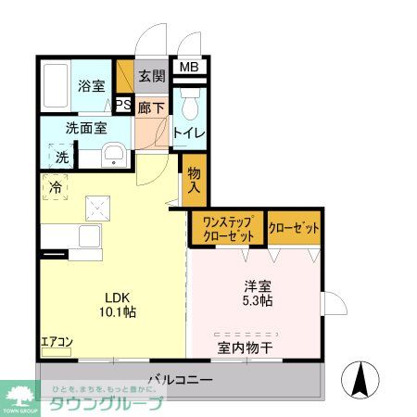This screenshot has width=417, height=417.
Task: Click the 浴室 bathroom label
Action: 90,86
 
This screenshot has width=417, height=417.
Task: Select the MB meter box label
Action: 188,67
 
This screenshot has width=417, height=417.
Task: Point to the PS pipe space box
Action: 123,106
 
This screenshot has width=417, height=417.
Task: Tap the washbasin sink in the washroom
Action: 113,155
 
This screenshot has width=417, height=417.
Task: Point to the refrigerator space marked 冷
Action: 56,187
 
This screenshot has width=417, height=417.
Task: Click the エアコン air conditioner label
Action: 56,343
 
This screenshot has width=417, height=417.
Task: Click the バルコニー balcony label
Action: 181,381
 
